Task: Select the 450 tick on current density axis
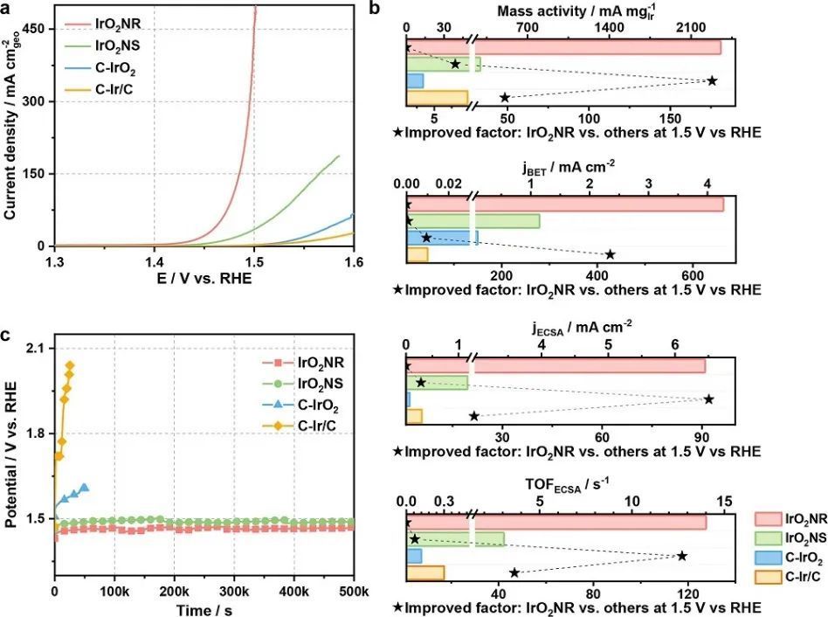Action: pos(32,28)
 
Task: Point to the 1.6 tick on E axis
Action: pos(353,263)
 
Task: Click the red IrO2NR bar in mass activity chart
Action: pos(563,47)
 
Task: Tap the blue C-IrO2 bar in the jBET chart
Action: pos(442,238)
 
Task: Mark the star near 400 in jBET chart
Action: pos(610,254)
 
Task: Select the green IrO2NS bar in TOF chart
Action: pos(455,539)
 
